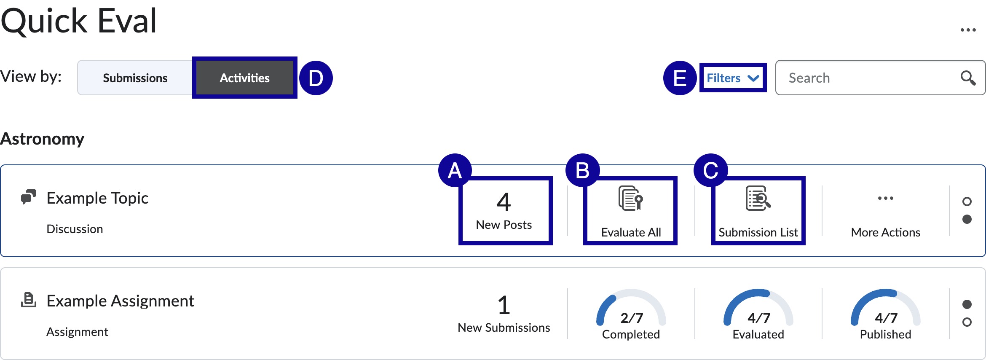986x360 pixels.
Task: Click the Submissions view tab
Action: (x=135, y=78)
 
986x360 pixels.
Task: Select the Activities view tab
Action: (x=244, y=78)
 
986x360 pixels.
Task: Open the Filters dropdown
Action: (x=732, y=78)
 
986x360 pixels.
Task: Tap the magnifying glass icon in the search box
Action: (x=967, y=78)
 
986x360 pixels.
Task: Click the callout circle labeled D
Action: (x=316, y=78)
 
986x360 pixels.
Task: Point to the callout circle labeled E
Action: (x=680, y=78)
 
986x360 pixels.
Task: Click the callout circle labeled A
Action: (x=455, y=170)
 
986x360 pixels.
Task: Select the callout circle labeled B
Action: (x=582, y=170)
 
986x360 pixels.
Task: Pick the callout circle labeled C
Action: (x=710, y=170)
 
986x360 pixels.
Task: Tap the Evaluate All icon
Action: (x=630, y=198)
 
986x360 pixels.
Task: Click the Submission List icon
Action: (x=758, y=198)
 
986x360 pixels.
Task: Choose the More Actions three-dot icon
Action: (x=885, y=198)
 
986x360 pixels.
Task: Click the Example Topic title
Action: (x=97, y=198)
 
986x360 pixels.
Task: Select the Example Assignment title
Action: (x=120, y=301)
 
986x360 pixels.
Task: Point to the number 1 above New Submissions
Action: (x=504, y=305)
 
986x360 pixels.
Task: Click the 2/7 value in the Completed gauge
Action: (x=631, y=318)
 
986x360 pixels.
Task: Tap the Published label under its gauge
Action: (x=885, y=334)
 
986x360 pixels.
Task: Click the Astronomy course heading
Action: (x=43, y=139)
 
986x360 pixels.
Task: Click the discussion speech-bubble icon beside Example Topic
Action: (x=29, y=197)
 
